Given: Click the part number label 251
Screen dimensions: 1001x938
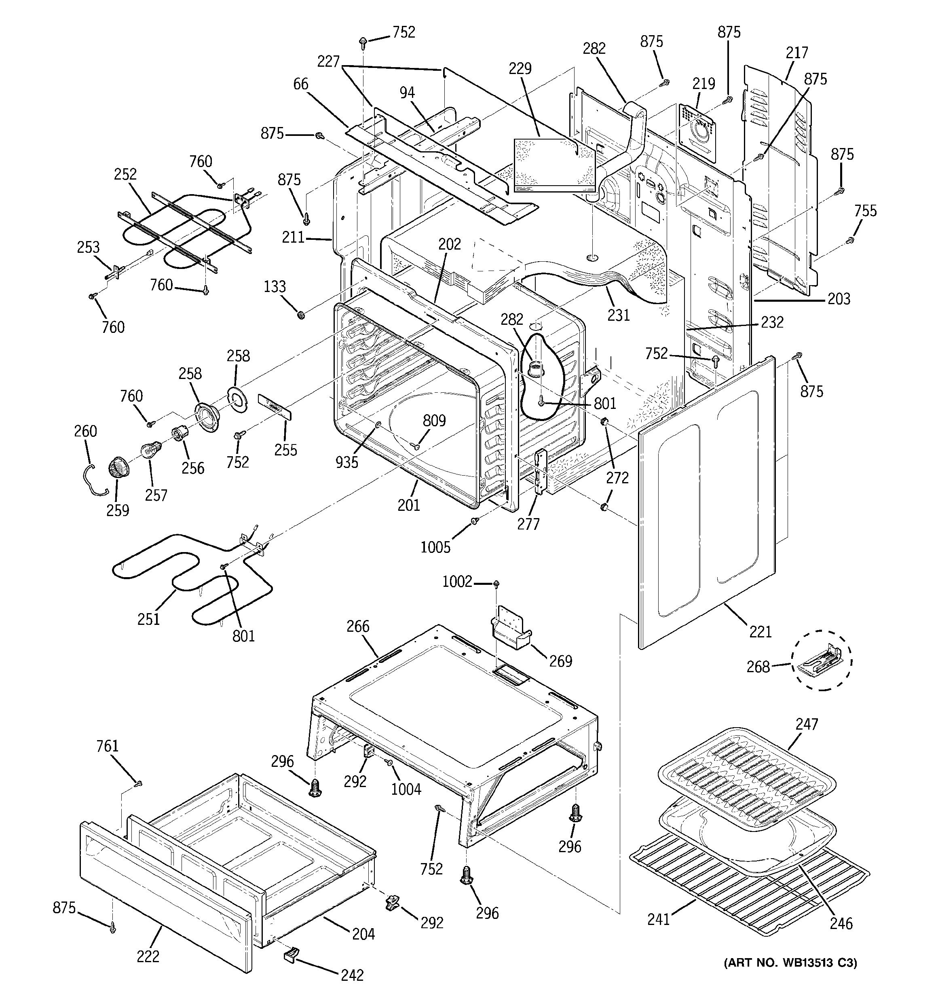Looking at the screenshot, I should pos(148,619).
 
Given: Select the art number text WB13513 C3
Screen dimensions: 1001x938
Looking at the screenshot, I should pos(790,963).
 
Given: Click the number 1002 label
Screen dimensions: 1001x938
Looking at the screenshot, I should pos(457,582).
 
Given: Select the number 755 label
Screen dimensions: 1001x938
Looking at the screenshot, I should pos(865,210).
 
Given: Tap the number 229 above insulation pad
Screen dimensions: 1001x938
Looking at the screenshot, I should pos(520,68).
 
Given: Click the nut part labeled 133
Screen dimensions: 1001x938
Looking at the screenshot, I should pos(301,315).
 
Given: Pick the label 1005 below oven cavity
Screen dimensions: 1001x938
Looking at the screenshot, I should pos(435,547).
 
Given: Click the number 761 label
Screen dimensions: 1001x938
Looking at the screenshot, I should pos(107,746).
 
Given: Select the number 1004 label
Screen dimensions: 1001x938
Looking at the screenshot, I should pos(406,789).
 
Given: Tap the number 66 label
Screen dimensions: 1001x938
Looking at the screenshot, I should pos(300,84).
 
